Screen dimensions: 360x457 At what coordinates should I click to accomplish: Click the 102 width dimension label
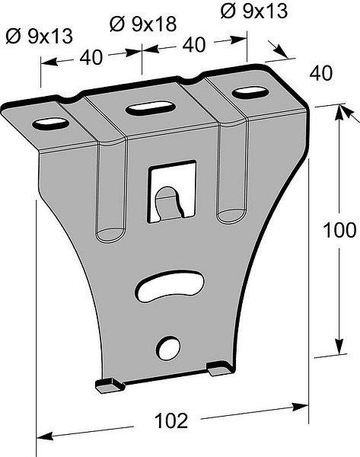click(x=171, y=420)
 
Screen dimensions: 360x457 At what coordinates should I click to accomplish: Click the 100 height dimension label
click(x=339, y=230)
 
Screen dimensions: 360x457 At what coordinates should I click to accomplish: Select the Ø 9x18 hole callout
click(x=143, y=24)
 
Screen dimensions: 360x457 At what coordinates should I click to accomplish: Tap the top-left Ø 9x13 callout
click(x=39, y=37)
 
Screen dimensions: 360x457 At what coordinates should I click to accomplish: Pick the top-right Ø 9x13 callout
click(x=254, y=11)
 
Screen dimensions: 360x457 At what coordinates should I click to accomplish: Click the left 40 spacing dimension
click(x=91, y=57)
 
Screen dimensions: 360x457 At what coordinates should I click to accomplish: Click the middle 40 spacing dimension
click(x=194, y=45)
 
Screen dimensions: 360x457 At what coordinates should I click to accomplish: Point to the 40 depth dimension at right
click(x=320, y=73)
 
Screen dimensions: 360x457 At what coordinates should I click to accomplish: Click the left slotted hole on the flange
click(x=51, y=123)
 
